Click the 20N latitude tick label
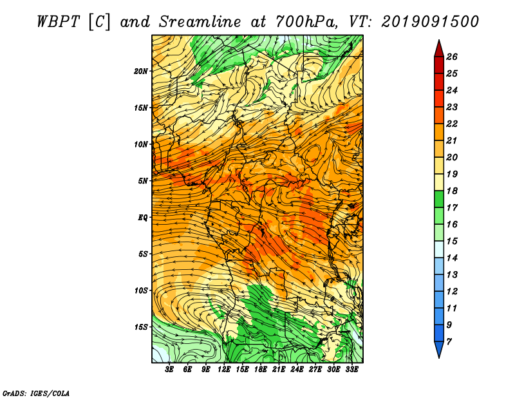[x=140, y=71]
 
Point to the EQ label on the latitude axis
[x=142, y=218]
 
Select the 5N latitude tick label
[x=143, y=181]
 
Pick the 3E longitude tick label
[x=169, y=370]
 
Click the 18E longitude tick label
[x=261, y=370]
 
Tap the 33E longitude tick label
[x=351, y=370]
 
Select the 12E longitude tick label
[x=224, y=370]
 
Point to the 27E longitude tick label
[x=315, y=370]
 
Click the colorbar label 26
[x=452, y=57]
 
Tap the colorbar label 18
[x=452, y=191]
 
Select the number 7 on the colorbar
[x=449, y=342]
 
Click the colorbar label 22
[x=452, y=124]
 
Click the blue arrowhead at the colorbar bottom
[x=439, y=349]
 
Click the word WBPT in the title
[x=58, y=22]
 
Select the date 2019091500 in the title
[x=430, y=22]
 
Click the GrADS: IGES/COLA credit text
[x=36, y=393]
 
